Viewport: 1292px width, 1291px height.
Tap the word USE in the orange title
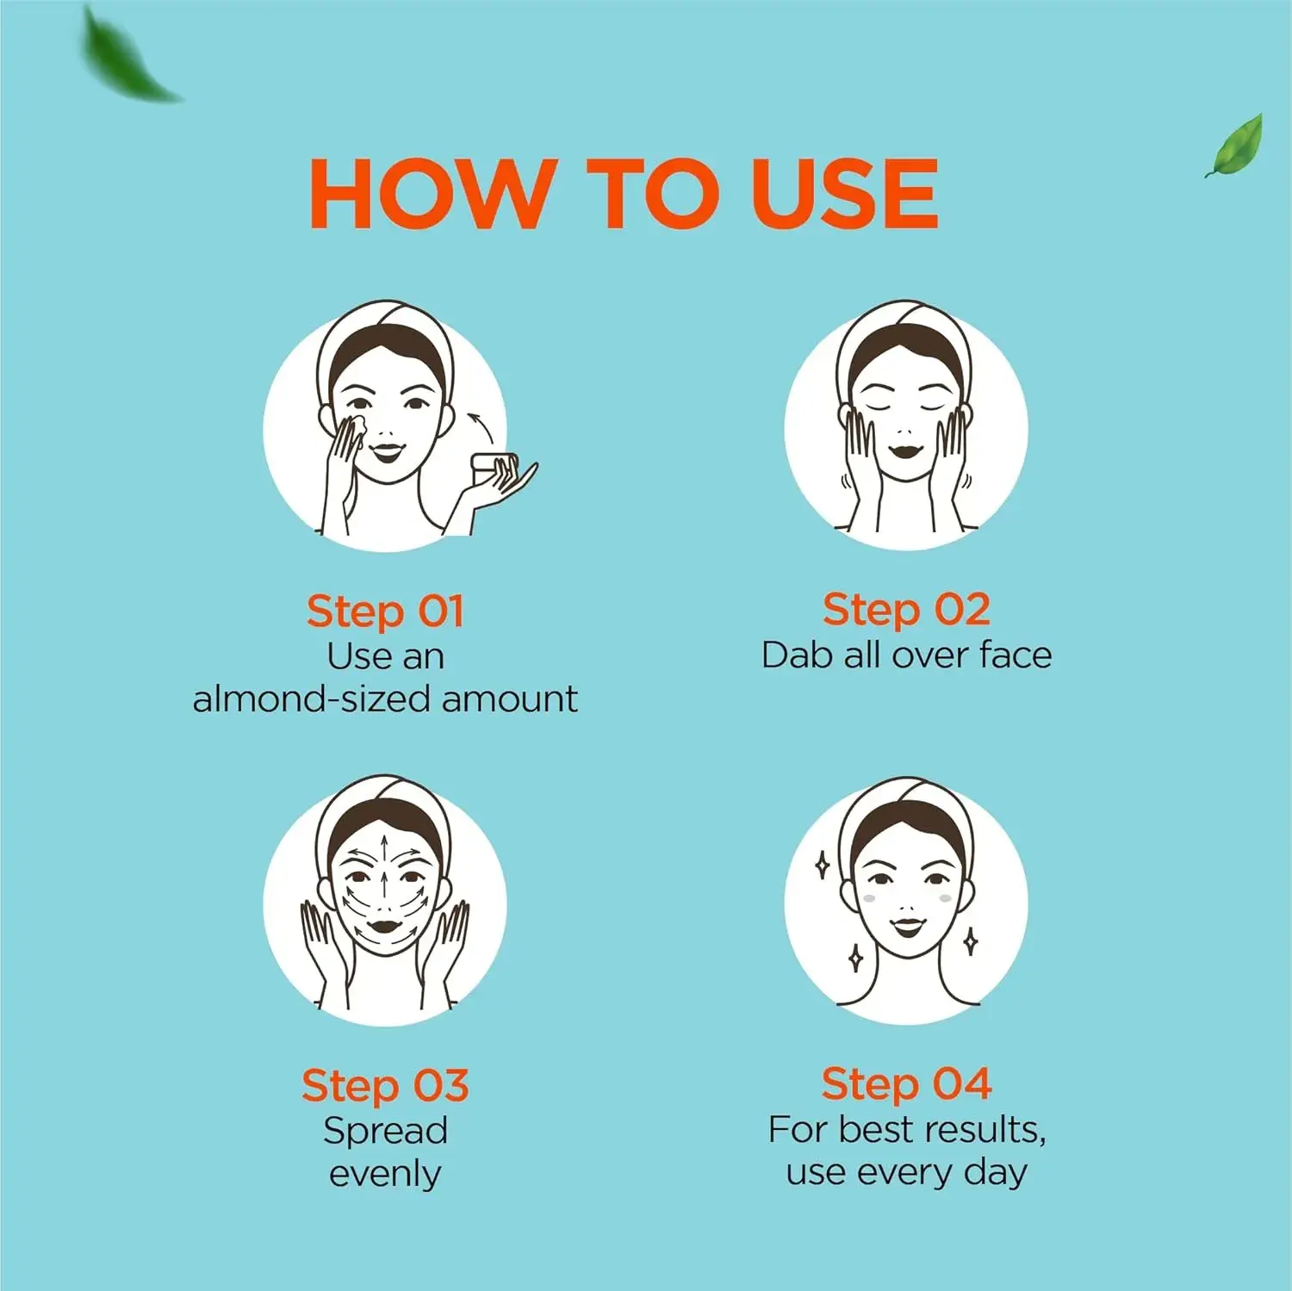coord(844,193)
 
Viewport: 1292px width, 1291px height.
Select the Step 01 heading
coord(385,611)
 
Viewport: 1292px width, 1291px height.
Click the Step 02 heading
coord(906,610)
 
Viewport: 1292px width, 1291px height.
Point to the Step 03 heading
coord(385,1085)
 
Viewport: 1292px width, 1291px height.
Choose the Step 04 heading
coord(906,1083)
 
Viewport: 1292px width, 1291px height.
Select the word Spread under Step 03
coord(385,1132)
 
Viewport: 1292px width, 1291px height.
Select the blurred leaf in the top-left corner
coord(129,53)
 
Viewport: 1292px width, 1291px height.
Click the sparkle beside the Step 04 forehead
coord(823,865)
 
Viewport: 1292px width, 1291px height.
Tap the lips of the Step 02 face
coord(906,449)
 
